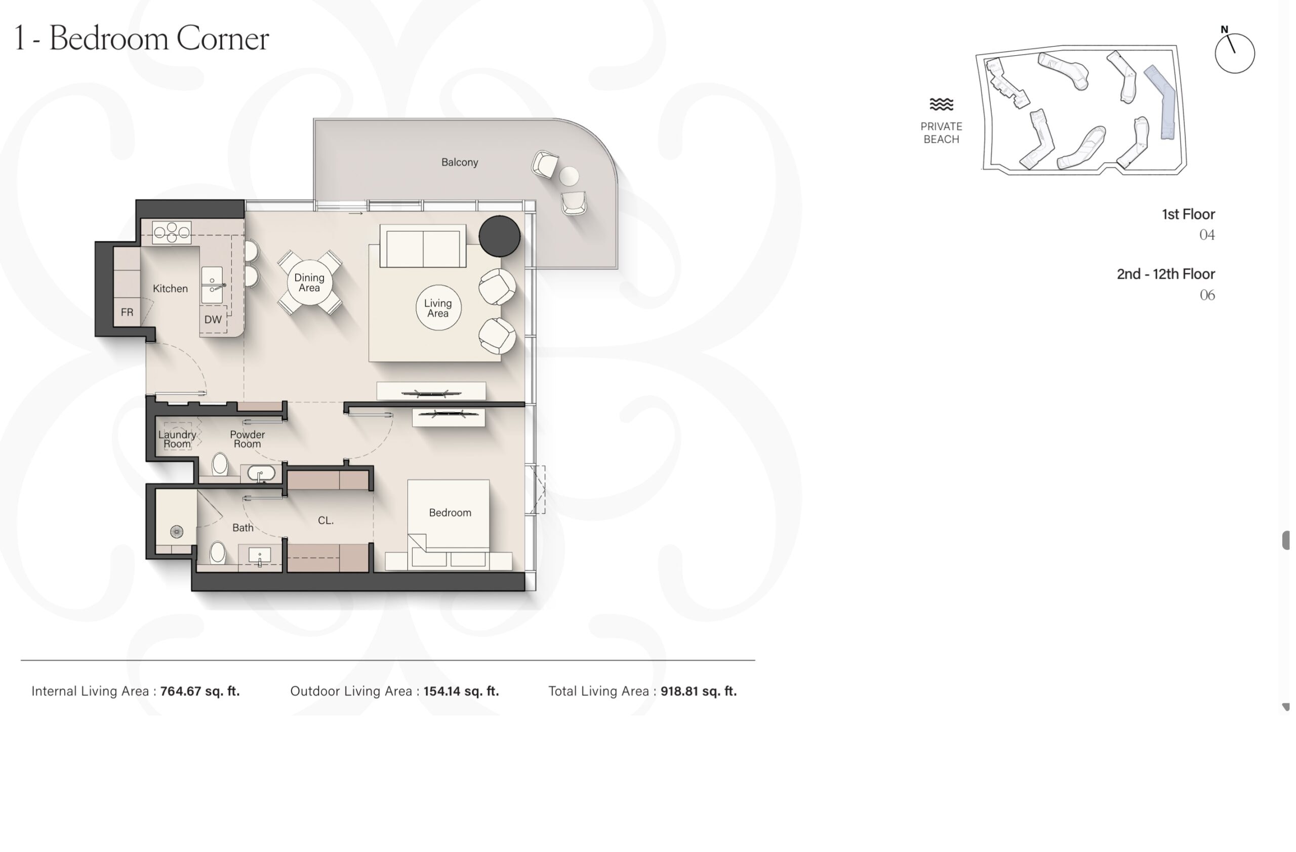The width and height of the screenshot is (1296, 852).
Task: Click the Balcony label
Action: pos(460,162)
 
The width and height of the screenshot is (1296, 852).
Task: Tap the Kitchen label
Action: pos(170,289)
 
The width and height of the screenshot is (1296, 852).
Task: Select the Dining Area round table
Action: pos(309,282)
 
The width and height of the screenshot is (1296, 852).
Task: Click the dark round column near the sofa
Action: pos(499,236)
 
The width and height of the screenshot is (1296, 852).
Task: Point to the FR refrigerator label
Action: pos(127,312)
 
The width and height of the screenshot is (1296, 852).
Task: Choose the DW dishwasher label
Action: pos(213,319)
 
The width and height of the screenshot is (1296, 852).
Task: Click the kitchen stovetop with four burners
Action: pos(172,232)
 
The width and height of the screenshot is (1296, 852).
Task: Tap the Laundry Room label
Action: pos(177,439)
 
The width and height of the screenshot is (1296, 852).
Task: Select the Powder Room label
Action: pos(247,439)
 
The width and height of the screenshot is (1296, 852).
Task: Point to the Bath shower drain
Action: pos(177,532)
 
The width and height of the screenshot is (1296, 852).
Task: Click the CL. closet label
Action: pos(326,520)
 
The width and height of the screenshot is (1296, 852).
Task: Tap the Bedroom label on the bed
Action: pos(450,513)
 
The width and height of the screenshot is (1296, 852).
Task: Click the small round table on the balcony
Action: pos(569,176)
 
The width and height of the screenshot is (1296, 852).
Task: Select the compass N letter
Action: pos(1224,29)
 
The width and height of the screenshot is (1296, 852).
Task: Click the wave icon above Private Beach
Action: pos(942,104)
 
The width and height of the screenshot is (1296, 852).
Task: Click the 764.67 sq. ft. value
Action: pos(200,692)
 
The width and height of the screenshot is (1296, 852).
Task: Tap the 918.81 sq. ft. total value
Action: pos(699,692)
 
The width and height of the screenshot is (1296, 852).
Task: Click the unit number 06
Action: pos(1207,295)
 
